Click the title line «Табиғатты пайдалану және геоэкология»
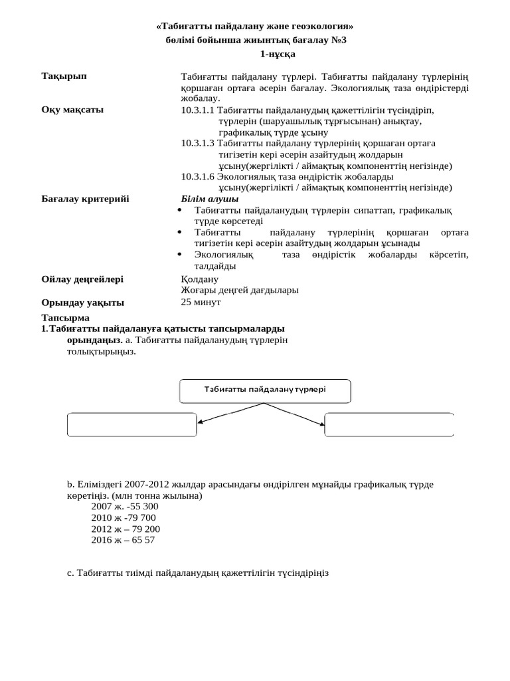point(254,26)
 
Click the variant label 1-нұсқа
point(254,53)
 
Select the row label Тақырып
point(64,76)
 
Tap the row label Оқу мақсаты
point(72,110)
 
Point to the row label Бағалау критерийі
point(85,199)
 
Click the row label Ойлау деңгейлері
point(82,279)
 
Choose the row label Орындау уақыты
point(82,303)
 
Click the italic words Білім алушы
point(210,199)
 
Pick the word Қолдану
point(199,279)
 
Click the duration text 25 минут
point(201,302)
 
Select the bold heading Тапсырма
point(65,318)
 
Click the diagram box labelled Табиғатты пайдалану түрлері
point(265,390)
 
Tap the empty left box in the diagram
point(132,425)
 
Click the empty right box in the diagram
point(388,425)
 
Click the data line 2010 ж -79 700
point(124,517)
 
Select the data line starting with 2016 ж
point(123,540)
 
